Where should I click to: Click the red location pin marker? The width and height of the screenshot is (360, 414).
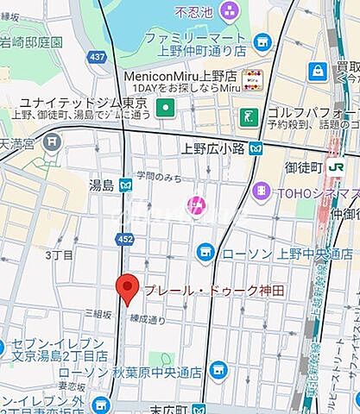tap(128, 288)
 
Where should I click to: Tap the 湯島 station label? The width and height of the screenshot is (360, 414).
tap(101, 184)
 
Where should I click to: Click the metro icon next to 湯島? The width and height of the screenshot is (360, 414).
tap(126, 184)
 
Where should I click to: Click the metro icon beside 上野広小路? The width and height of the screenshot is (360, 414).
tap(256, 147)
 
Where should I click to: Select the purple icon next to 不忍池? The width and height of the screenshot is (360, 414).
tap(230, 11)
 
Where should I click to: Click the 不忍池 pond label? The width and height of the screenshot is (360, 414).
tap(194, 12)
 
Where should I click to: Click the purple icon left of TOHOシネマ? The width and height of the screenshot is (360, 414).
tap(260, 191)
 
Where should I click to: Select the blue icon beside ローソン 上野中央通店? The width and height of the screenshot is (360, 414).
tap(205, 252)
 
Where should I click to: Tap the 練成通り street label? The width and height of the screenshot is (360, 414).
tap(148, 318)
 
